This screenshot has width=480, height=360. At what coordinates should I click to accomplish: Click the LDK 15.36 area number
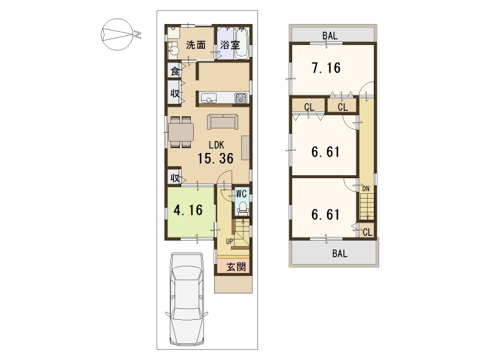pyautogui.click(x=215, y=158)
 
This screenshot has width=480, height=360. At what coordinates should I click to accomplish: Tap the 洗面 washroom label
pyautogui.click(x=196, y=45)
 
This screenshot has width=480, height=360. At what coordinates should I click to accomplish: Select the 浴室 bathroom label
pyautogui.click(x=230, y=45)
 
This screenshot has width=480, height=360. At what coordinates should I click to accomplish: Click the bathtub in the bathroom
pyautogui.click(x=242, y=43)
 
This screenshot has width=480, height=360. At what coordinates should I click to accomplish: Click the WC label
pyautogui.click(x=242, y=194)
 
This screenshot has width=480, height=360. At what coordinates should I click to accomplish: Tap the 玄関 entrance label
pyautogui.click(x=236, y=266)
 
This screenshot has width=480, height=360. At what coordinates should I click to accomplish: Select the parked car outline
pyautogui.click(x=187, y=299)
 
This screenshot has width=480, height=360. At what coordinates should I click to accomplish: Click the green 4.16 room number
pyautogui.click(x=188, y=210)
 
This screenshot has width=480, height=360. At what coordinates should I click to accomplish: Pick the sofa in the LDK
pyautogui.click(x=223, y=122)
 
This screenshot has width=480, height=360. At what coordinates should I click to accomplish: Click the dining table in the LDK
pyautogui.click(x=181, y=132)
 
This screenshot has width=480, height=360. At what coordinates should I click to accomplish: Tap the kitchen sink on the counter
pyautogui.click(x=208, y=98)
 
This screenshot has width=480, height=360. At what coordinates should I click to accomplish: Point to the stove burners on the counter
pyautogui.click(x=241, y=98)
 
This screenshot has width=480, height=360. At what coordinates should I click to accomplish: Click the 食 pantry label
pyautogui.click(x=175, y=71)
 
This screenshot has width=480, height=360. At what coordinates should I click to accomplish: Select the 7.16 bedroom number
pyautogui.click(x=326, y=68)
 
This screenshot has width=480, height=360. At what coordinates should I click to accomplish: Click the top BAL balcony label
pyautogui.click(x=329, y=35)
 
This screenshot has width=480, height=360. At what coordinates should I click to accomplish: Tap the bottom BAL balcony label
pyautogui.click(x=340, y=253)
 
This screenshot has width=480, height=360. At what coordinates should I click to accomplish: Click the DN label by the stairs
pyautogui.click(x=366, y=188)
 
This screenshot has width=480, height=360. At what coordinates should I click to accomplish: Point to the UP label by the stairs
pyautogui.click(x=230, y=241)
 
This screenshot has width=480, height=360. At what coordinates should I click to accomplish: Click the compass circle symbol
pyautogui.click(x=118, y=34)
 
